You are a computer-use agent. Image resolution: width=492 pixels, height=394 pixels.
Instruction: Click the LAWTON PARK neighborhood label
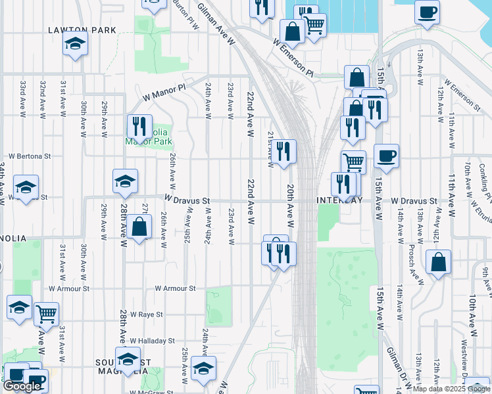click(x=82, y=30)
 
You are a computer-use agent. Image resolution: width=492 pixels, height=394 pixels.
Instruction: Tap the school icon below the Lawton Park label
click(x=75, y=45)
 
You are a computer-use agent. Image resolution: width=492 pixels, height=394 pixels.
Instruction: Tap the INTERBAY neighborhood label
click(x=340, y=200)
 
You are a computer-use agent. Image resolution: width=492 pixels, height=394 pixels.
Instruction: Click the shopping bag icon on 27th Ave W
click(x=139, y=228)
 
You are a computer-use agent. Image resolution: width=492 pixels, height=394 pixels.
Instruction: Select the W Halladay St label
click(x=152, y=341)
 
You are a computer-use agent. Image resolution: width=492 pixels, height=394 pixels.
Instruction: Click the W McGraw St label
click(x=151, y=393)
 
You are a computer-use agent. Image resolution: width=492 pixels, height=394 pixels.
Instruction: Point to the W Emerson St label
click(x=458, y=94)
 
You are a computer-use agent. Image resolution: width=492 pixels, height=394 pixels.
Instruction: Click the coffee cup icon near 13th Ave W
click(x=427, y=11)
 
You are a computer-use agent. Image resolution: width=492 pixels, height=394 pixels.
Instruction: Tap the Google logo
click(x=22, y=387)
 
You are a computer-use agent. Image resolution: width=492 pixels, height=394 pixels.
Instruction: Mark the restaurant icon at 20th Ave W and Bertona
click(x=283, y=152)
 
